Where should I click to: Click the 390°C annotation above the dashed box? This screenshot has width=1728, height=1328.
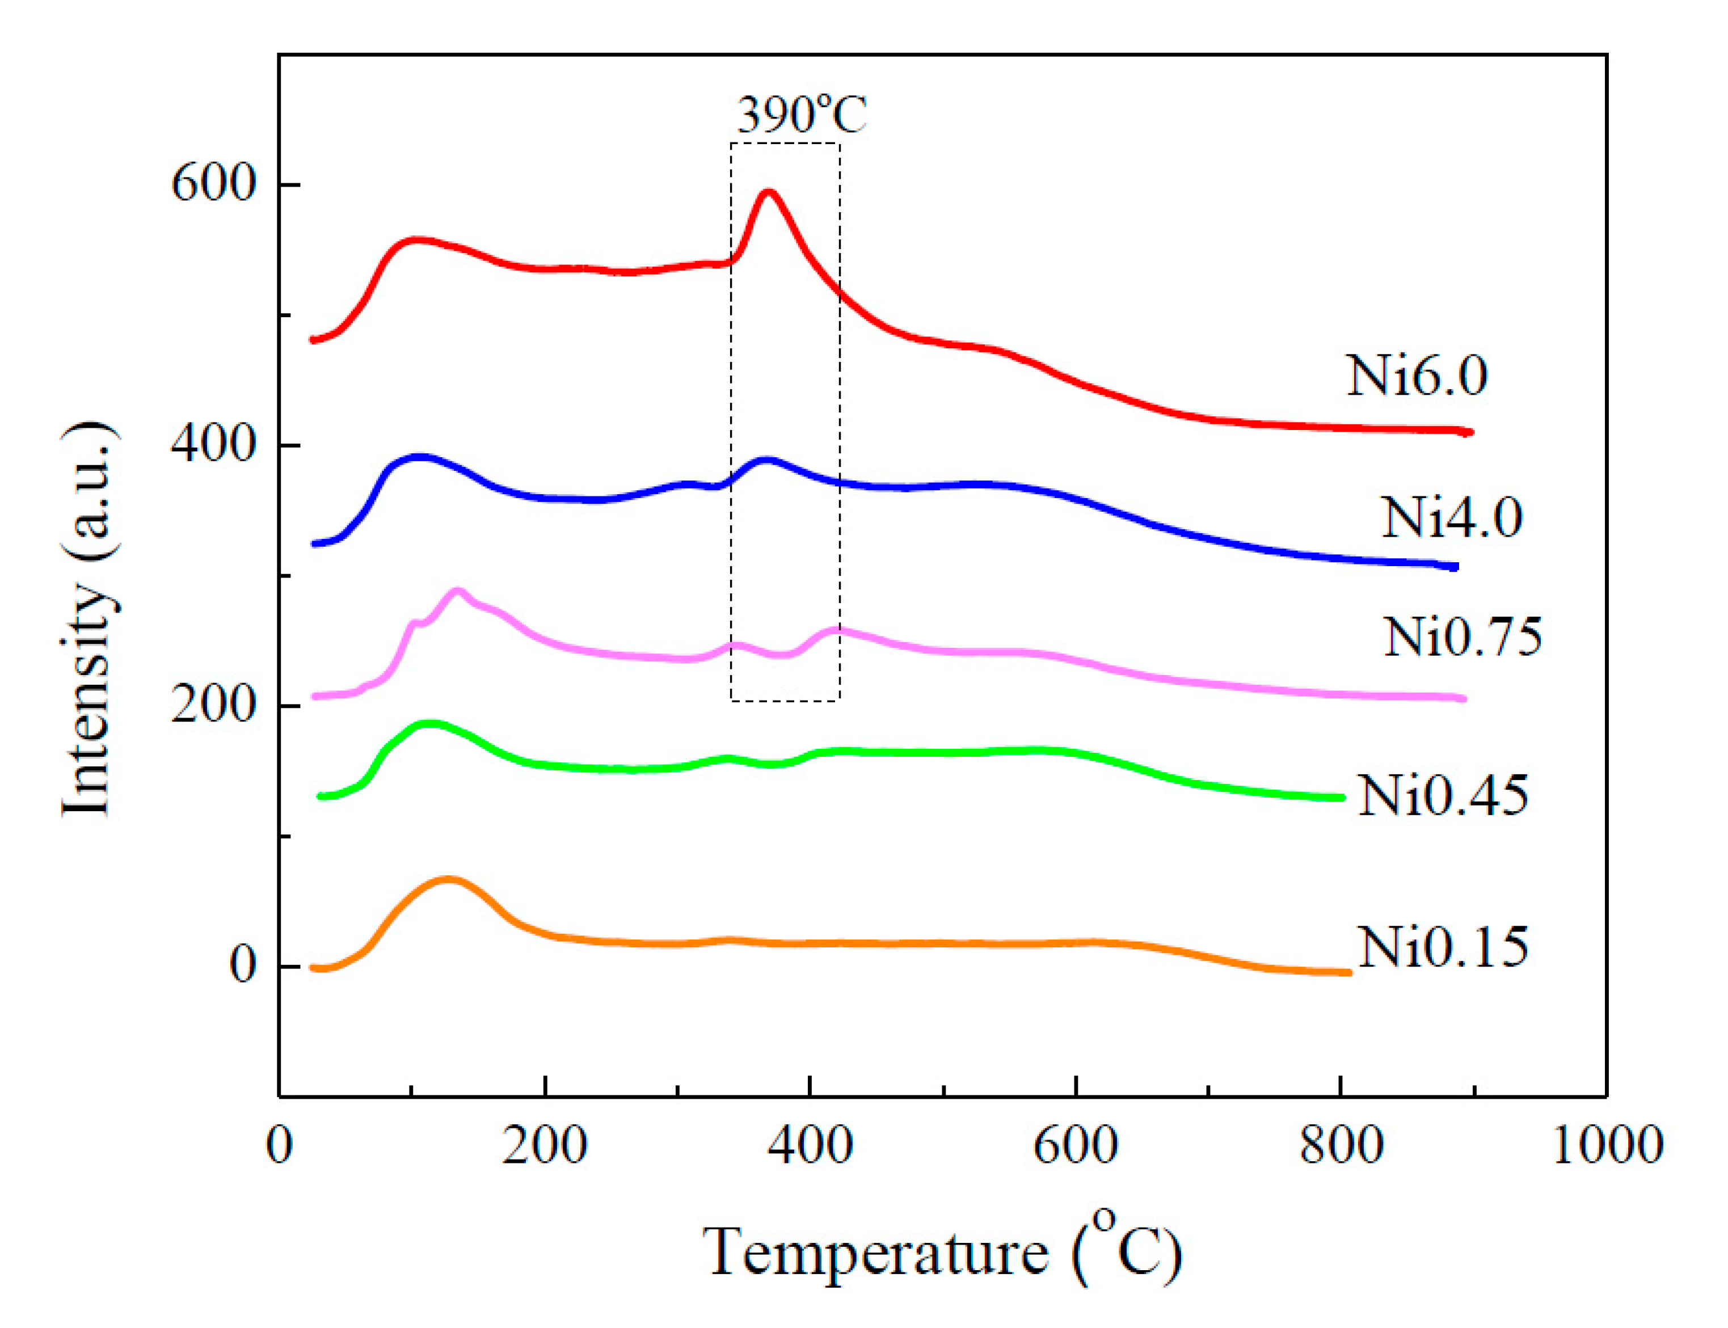[801, 115]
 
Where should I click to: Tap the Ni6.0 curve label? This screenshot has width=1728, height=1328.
[1416, 376]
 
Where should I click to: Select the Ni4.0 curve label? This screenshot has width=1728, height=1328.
[1451, 518]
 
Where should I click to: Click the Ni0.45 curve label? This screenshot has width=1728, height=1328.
[1443, 795]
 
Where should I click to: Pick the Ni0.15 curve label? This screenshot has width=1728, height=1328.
[1443, 947]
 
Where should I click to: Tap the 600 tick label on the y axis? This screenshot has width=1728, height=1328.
[213, 184]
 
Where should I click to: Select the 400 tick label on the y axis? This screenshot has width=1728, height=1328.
[213, 445]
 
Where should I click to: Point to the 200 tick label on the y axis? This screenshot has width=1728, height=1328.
[213, 705]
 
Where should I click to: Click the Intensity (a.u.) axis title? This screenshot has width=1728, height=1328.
[88, 621]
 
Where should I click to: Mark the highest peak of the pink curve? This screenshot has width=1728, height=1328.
[457, 591]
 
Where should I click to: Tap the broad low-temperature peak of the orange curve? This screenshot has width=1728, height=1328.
[448, 879]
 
